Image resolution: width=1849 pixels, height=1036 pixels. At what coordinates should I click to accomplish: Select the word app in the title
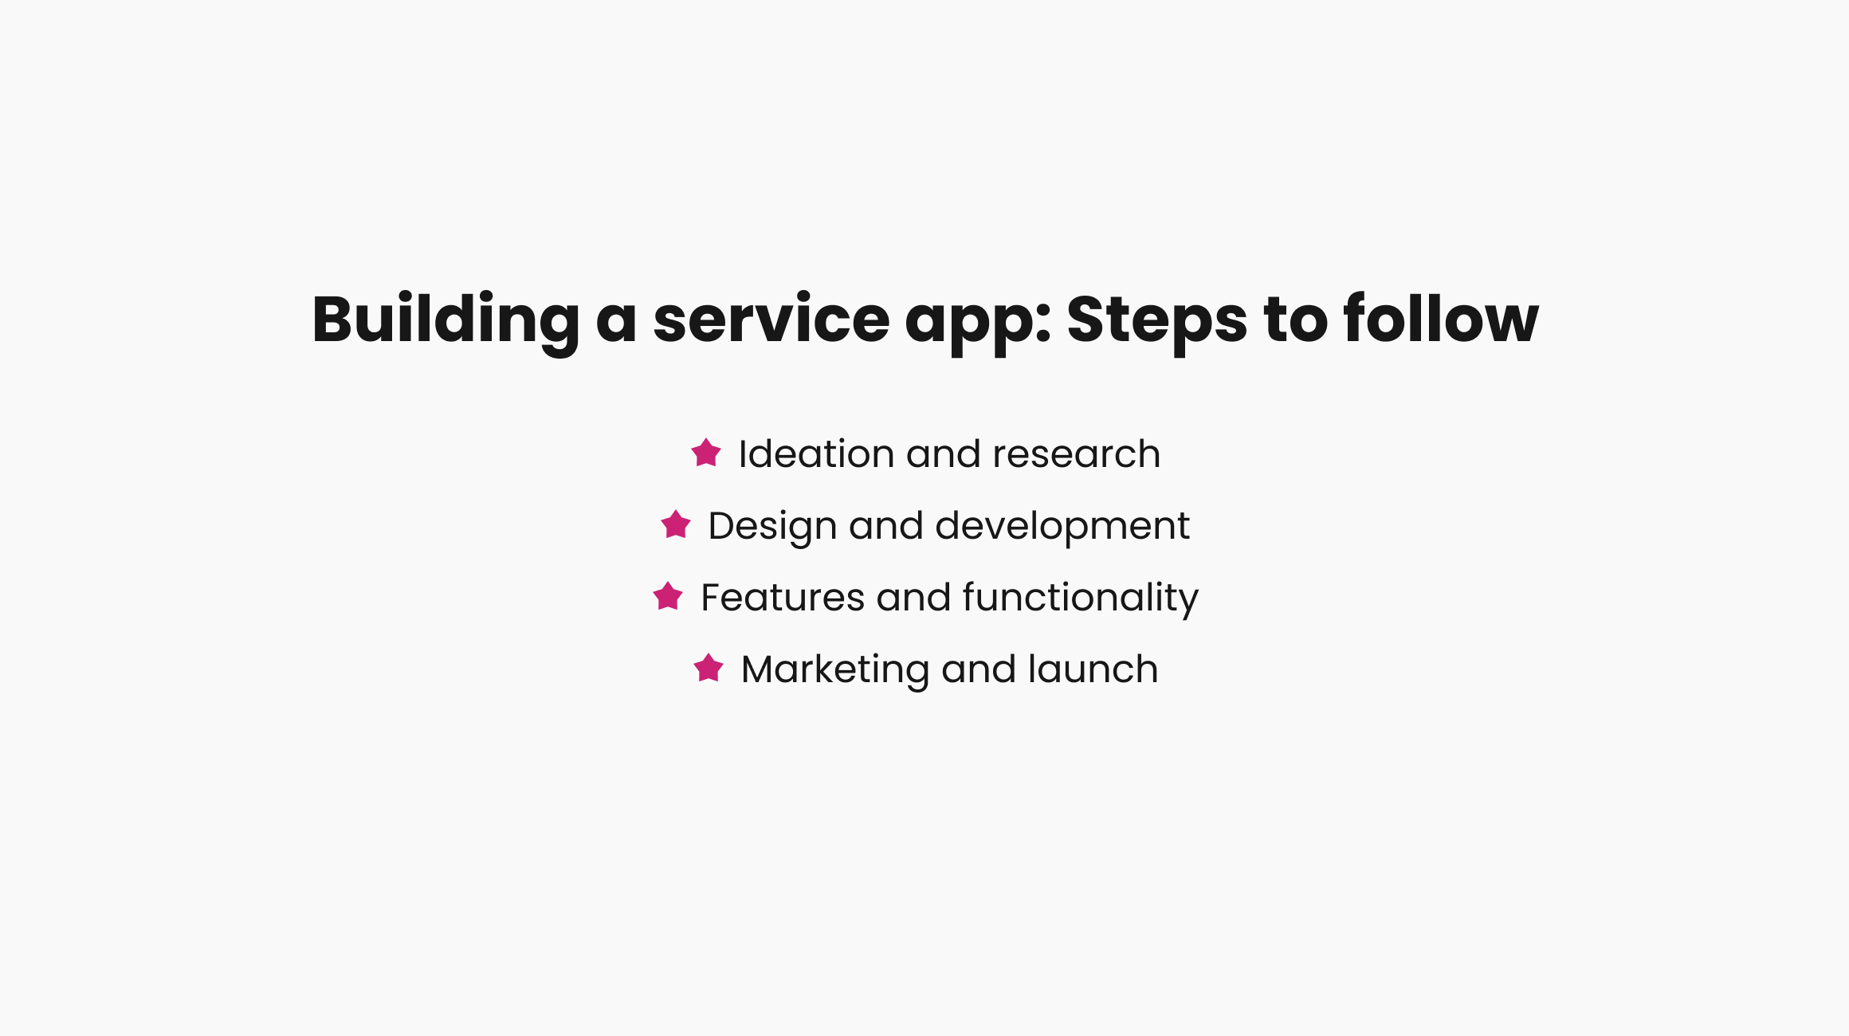click(978, 320)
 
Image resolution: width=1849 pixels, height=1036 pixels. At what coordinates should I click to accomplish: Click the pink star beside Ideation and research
click(706, 453)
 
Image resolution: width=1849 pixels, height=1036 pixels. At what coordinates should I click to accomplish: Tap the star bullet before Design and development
click(676, 524)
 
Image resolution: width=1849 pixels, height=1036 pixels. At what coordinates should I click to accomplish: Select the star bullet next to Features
click(668, 596)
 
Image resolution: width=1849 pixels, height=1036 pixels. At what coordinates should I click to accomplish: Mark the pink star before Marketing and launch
click(709, 668)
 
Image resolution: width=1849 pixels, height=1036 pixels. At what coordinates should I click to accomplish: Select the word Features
click(782, 597)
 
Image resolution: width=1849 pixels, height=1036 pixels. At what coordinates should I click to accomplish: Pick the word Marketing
click(834, 669)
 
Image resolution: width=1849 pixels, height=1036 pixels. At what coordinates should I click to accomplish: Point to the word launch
click(1093, 669)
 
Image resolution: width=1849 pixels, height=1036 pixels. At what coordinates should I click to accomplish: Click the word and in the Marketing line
click(978, 669)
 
